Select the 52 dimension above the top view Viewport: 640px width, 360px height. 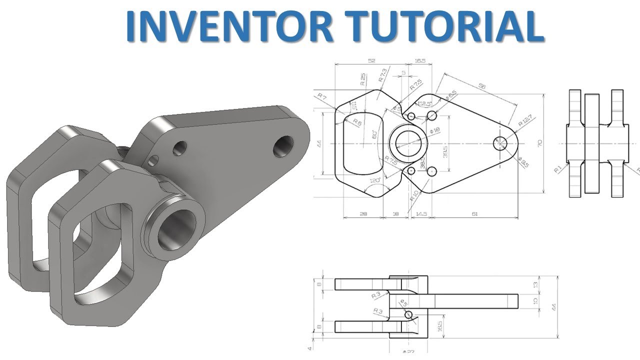pos(371,61)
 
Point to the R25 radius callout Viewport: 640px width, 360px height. pos(362,80)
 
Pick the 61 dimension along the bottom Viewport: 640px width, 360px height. pos(474,214)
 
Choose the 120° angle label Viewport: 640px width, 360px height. pos(375,179)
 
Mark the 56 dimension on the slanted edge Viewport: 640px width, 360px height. pos(482,86)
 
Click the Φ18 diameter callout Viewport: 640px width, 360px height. pos(434,130)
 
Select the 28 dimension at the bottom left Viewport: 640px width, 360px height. pos(363,214)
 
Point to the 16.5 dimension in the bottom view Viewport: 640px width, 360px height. pos(439,326)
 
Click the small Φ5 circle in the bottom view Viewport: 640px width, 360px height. pos(409,314)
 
